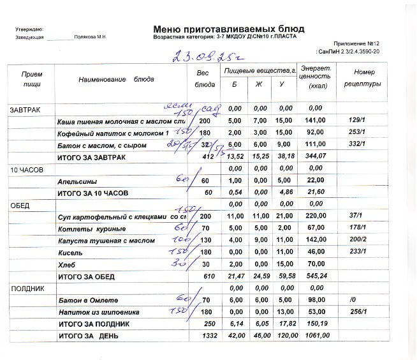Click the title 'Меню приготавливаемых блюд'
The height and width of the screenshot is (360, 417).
coord(229,29)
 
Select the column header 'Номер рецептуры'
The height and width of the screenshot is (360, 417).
coord(363,79)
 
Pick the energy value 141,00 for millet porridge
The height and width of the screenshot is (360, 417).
coord(316,121)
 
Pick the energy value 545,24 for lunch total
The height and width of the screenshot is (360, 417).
coord(316,276)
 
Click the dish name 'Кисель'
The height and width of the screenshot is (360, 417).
coord(69,253)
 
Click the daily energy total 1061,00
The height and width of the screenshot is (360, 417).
coord(315,336)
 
